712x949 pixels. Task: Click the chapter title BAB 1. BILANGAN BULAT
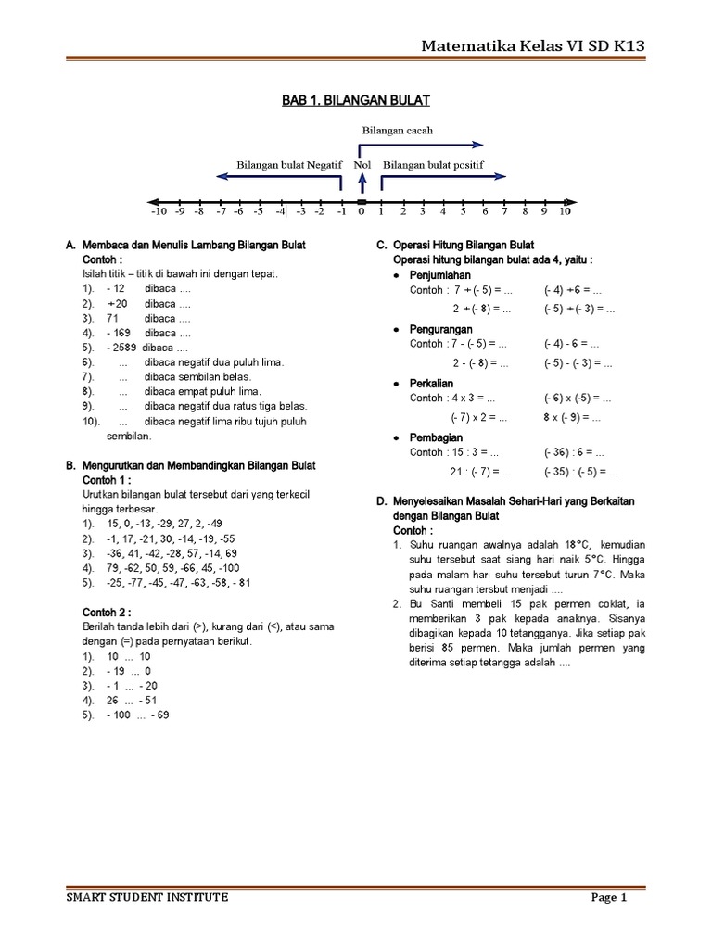coord(356,99)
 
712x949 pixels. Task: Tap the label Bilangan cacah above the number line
coord(397,131)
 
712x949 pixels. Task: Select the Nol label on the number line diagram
coord(362,164)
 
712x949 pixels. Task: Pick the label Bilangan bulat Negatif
coord(289,164)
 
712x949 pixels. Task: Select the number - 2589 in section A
coord(119,347)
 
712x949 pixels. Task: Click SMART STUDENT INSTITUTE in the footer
coord(147,897)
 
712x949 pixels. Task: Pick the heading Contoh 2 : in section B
coord(107,613)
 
